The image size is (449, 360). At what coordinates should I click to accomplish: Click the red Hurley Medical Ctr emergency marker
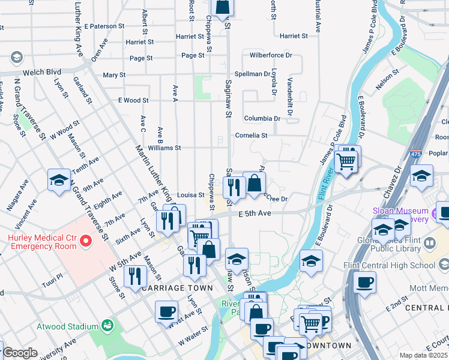pyautogui.click(x=85, y=242)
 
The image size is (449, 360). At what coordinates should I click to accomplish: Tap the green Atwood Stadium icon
pyautogui.click(x=108, y=326)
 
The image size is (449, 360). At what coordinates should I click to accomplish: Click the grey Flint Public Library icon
pyautogui.click(x=430, y=243)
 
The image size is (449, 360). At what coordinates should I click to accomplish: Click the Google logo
pyautogui.click(x=19, y=353)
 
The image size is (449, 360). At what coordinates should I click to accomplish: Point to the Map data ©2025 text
pyautogui.click(x=423, y=355)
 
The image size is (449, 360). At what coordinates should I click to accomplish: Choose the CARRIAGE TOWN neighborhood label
pyautogui.click(x=178, y=288)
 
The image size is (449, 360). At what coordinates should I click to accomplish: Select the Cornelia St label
pyautogui.click(x=251, y=136)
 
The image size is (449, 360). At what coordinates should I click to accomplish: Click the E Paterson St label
pyautogui.click(x=104, y=26)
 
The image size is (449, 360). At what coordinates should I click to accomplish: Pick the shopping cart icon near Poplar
pyautogui.click(x=345, y=161)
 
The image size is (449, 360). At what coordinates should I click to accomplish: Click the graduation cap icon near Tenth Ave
pyautogui.click(x=59, y=179)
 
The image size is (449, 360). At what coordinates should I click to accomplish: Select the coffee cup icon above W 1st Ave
pyautogui.click(x=166, y=312)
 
